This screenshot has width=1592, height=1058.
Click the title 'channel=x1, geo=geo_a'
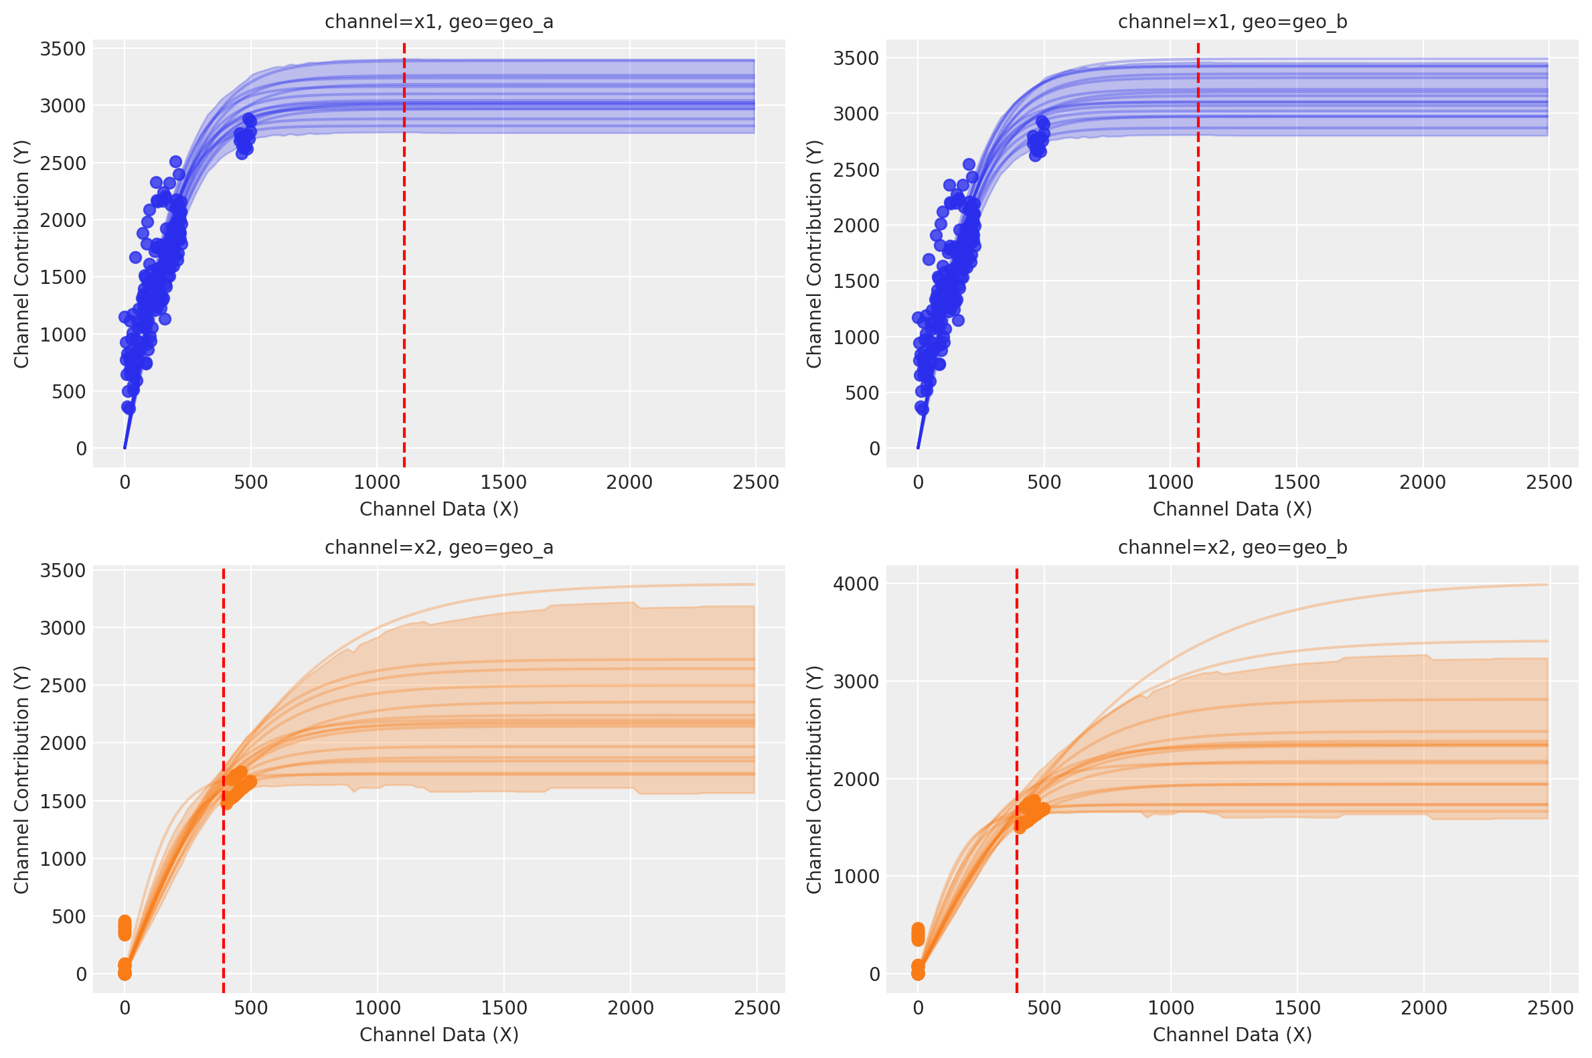[x=439, y=22]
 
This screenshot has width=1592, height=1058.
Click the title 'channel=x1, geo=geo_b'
[x=1232, y=22]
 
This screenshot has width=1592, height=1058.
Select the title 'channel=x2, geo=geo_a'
[x=439, y=547]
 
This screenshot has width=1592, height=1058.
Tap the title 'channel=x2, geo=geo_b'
[x=1232, y=547]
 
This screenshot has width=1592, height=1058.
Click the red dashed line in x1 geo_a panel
[x=404, y=270]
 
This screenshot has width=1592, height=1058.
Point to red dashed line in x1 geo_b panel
[x=1198, y=270]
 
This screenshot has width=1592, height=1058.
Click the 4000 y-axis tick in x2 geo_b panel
[x=856, y=584]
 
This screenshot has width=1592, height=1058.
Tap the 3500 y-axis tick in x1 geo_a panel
[x=63, y=50]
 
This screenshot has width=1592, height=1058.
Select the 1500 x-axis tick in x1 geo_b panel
[x=1296, y=482]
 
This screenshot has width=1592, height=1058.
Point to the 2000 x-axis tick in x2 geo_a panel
[x=630, y=1008]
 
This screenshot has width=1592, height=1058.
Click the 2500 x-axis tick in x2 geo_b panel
[x=1550, y=1008]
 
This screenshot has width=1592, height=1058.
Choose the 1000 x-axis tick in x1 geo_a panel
[x=377, y=482]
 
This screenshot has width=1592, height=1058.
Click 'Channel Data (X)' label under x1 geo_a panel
[x=439, y=509]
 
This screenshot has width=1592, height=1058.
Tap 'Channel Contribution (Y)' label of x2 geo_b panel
[x=814, y=779]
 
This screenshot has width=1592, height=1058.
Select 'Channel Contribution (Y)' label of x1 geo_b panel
[x=814, y=254]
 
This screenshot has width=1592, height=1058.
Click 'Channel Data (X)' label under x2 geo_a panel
[x=439, y=1035]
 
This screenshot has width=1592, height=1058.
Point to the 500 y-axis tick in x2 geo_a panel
[x=70, y=916]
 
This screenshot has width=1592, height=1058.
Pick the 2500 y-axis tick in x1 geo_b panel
[x=856, y=170]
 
